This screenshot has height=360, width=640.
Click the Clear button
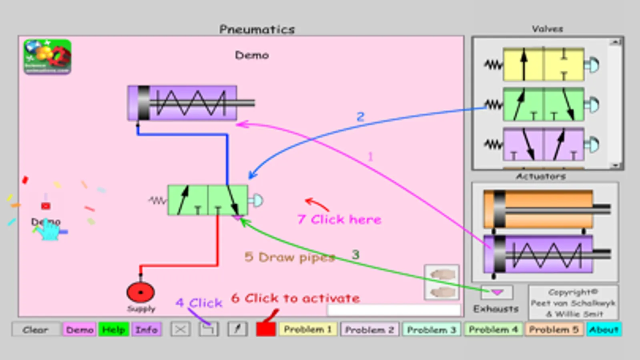(36, 330)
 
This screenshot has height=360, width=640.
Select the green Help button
(114, 330)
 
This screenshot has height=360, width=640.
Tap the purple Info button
(146, 330)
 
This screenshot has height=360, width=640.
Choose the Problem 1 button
(308, 330)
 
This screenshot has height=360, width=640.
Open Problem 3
(431, 330)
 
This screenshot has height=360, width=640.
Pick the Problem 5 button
(554, 330)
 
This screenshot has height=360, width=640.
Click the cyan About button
(604, 330)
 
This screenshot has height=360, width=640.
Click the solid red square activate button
(266, 329)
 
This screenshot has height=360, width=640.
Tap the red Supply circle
(140, 292)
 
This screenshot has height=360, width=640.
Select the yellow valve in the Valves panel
(543, 64)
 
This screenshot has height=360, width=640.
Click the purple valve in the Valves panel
(543, 144)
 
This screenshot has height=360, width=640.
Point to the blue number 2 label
(361, 116)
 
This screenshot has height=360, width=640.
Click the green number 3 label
(355, 254)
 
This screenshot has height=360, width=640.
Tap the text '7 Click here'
(339, 219)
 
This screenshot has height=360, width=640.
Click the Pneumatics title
(257, 29)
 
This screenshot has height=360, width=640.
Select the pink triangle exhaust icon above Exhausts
(497, 292)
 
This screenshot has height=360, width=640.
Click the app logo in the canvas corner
(47, 56)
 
